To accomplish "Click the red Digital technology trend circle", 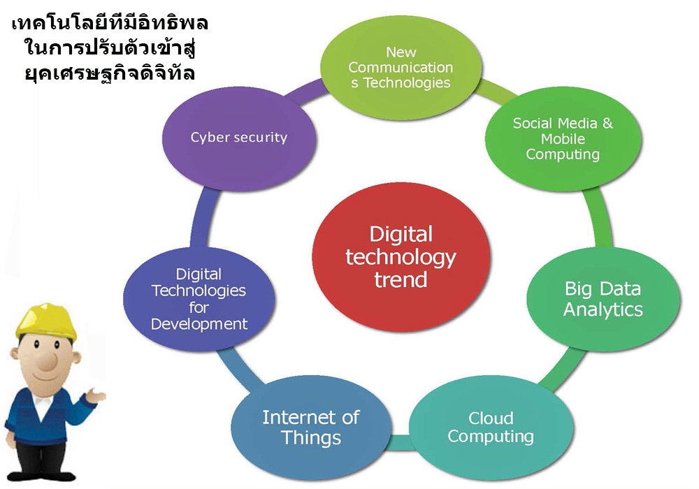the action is tap(401, 257).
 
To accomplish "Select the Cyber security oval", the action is tap(239, 139).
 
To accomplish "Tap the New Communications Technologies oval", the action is tap(401, 68).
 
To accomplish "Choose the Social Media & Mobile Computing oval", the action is tap(563, 139).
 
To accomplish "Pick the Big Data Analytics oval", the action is tap(603, 299).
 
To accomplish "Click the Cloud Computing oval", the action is tap(491, 428).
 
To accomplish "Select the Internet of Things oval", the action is tap(311, 428).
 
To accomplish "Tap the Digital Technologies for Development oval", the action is tap(199, 299).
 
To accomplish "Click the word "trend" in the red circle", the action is tap(401, 280).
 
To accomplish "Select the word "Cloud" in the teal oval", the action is tap(491, 418).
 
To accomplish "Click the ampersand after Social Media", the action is tap(607, 123).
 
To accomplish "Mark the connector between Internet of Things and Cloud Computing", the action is tap(401, 441).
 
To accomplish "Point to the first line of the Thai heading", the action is tap(110, 23).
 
